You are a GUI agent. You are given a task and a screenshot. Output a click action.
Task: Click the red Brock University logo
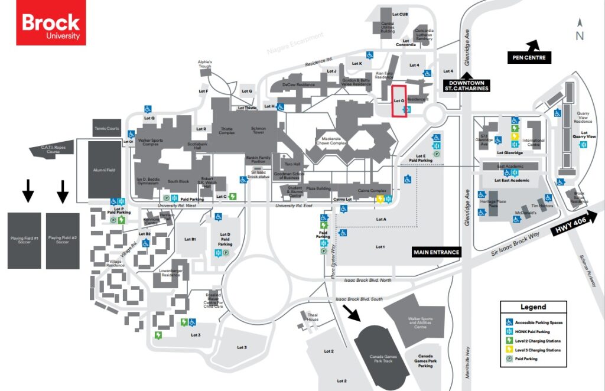51,22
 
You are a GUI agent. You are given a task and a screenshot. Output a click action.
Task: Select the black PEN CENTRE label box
529,57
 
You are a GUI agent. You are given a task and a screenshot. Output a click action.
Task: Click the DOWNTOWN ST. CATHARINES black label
467,86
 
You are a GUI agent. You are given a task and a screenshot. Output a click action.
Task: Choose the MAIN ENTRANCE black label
436,252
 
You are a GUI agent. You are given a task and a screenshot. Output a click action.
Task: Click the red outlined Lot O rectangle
399,101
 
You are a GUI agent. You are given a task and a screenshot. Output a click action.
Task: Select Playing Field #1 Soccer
24,240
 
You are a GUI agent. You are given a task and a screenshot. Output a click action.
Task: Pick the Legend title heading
533,307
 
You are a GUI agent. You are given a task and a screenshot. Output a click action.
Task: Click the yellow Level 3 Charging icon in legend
509,350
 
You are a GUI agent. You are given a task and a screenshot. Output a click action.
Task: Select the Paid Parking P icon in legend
509,359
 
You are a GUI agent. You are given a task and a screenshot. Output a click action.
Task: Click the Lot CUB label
400,14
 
